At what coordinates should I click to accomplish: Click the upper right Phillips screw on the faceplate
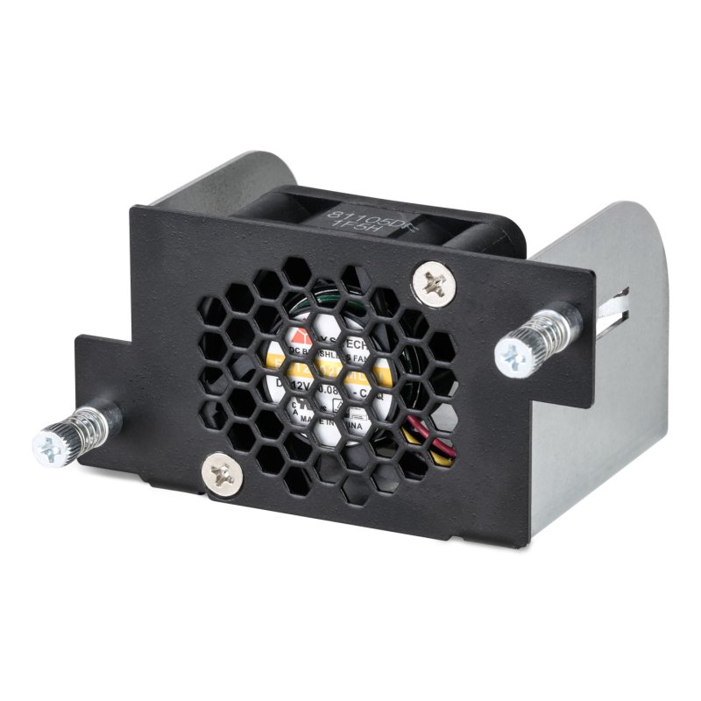pyautogui.click(x=433, y=283)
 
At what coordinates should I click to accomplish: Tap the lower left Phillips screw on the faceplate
pyautogui.click(x=223, y=475)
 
